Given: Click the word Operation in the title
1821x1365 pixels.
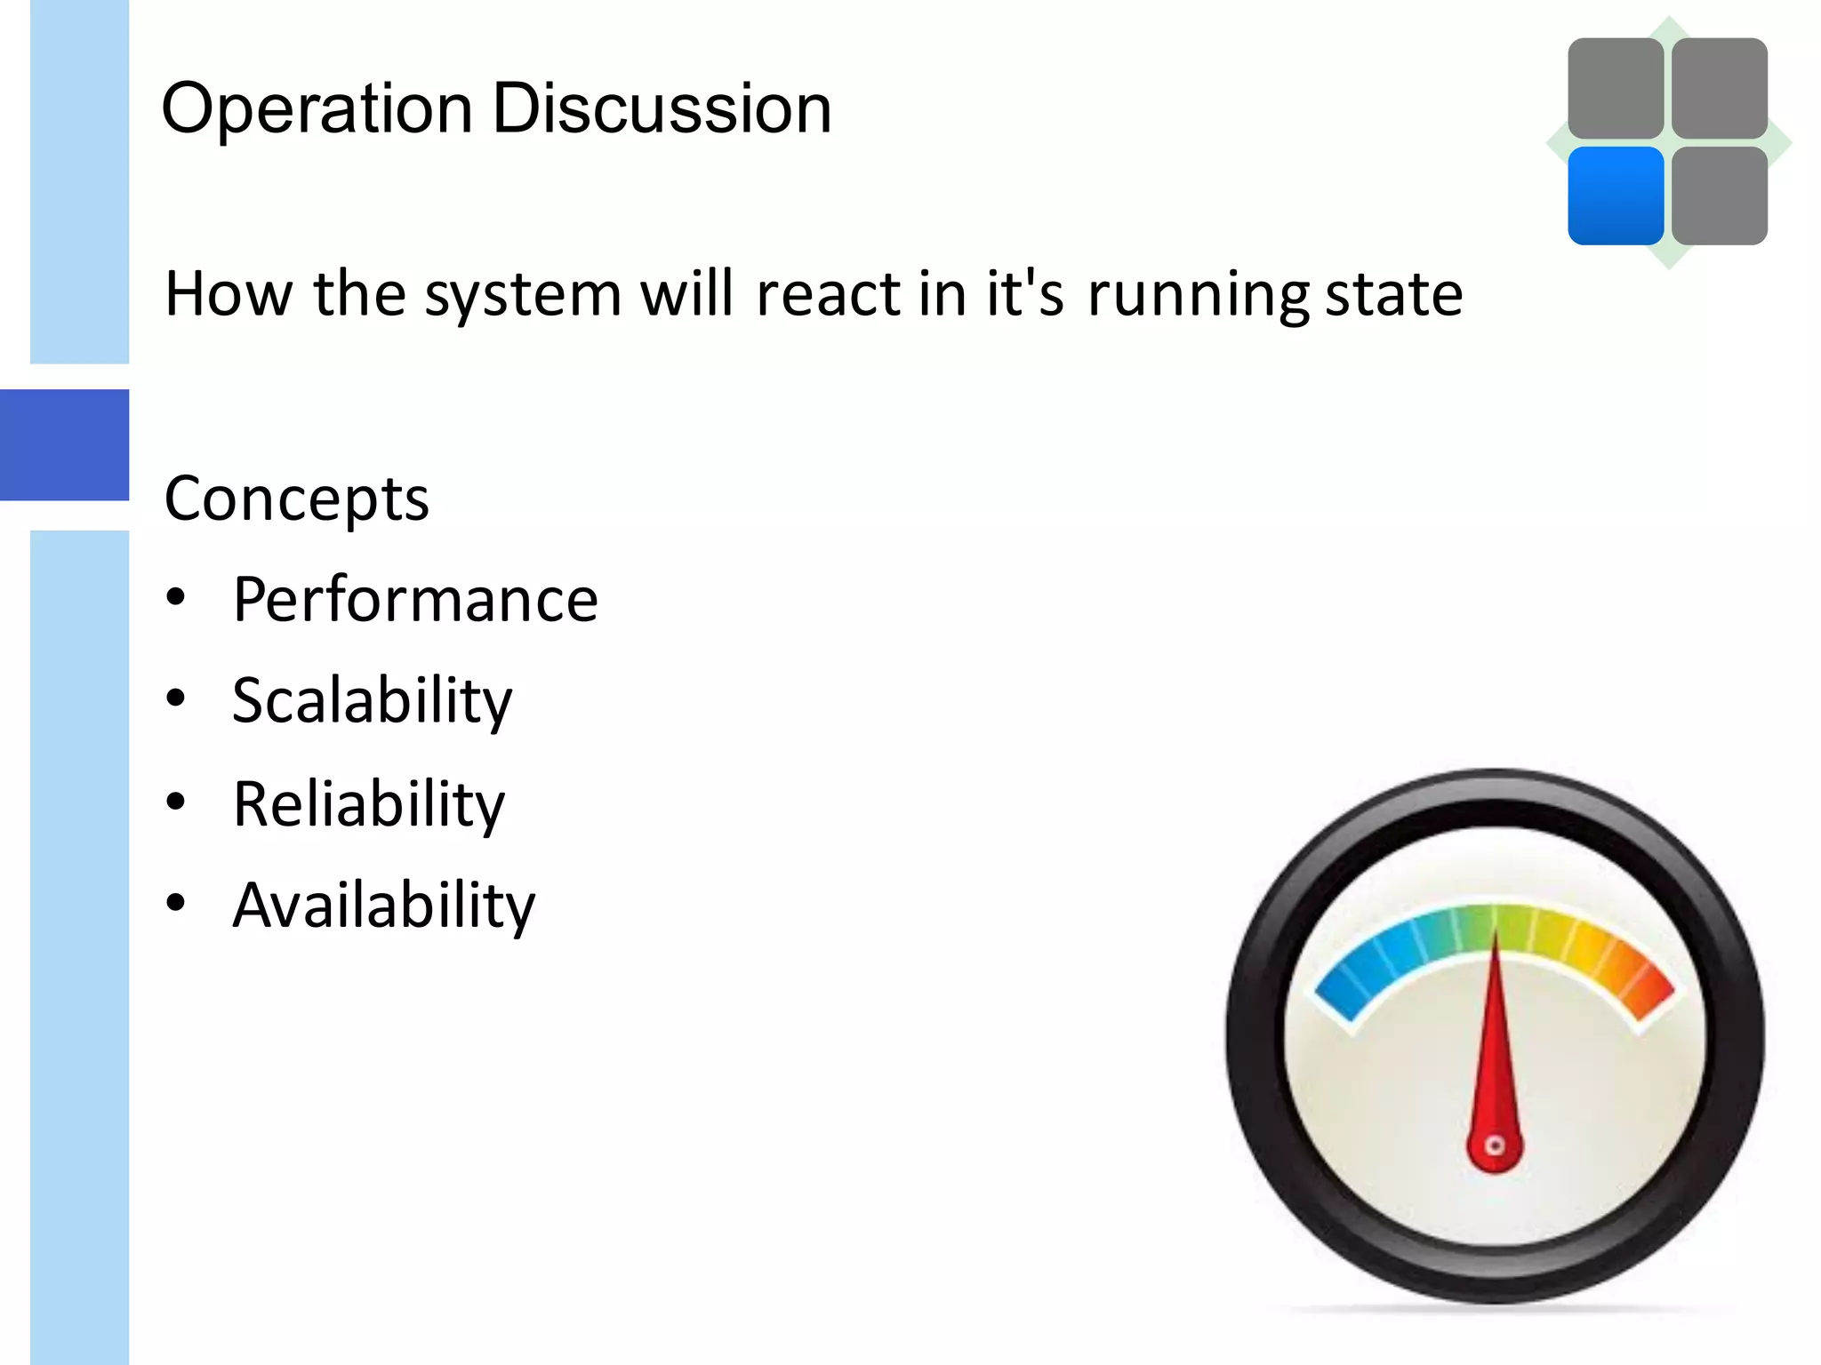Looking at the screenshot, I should tap(317, 109).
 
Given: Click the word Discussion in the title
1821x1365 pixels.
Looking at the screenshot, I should tap(662, 109).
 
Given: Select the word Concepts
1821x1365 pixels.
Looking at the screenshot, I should tap(297, 499).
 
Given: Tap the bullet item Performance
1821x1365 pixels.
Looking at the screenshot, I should tap(415, 600).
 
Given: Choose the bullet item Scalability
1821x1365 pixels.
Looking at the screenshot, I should tap(372, 701).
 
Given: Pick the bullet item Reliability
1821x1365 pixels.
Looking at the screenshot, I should tap(368, 803).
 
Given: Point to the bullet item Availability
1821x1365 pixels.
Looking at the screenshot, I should tap(383, 905).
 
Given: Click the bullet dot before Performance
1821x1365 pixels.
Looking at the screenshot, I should tap(176, 596).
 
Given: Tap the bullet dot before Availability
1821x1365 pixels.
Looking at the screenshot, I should tap(176, 902).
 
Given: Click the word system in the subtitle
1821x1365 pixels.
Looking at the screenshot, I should tap(523, 294).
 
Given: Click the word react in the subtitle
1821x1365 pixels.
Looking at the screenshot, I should tap(828, 294).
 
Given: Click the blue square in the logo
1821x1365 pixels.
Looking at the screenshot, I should tap(1616, 196).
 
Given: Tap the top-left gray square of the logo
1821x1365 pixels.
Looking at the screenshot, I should tap(1616, 88).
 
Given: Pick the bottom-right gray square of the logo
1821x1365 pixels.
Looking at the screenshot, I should tap(1720, 196).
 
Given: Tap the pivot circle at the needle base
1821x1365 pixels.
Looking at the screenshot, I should tap(1496, 1145).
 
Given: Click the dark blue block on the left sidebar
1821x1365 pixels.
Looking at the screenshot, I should tap(64, 444).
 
